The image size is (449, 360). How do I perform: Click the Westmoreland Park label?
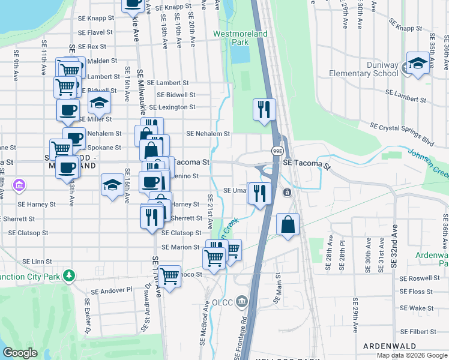240,38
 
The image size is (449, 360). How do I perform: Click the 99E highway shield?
277,151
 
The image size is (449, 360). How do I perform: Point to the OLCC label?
223,300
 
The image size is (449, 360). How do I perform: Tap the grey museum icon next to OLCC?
241,300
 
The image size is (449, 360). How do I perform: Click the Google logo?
20,353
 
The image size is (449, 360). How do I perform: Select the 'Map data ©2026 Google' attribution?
412,355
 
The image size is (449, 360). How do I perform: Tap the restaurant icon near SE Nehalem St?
264,110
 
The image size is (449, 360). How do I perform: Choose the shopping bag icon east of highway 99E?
288,225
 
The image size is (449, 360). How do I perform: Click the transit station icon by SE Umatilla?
288,193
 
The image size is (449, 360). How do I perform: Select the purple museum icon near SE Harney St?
19,185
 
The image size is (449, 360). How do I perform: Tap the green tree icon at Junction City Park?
70,276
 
